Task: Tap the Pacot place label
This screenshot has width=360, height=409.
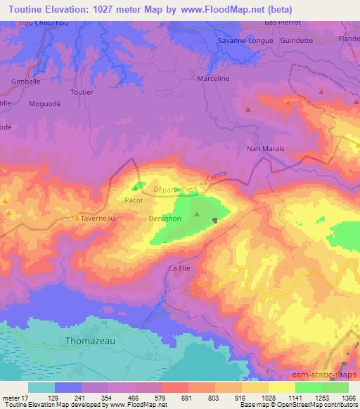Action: pos(134,200)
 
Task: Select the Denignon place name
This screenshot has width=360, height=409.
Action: pos(164,219)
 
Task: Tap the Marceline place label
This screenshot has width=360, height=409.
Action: pos(214,79)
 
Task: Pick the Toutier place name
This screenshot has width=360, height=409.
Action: pos(82,91)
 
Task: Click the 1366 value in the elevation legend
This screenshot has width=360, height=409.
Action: pos(347,398)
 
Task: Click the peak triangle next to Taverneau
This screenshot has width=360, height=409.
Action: pos(77,218)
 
